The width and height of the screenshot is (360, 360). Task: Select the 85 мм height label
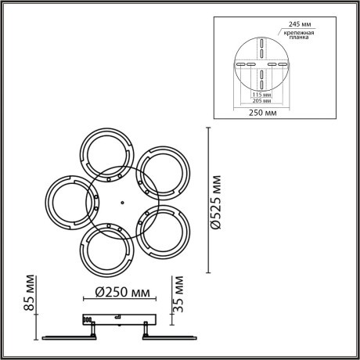[x=30, y=293]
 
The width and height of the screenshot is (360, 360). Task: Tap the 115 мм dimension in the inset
[x=261, y=94]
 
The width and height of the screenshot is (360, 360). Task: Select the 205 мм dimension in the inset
[x=261, y=102]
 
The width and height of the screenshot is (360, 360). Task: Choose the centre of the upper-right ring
[x=161, y=171]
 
